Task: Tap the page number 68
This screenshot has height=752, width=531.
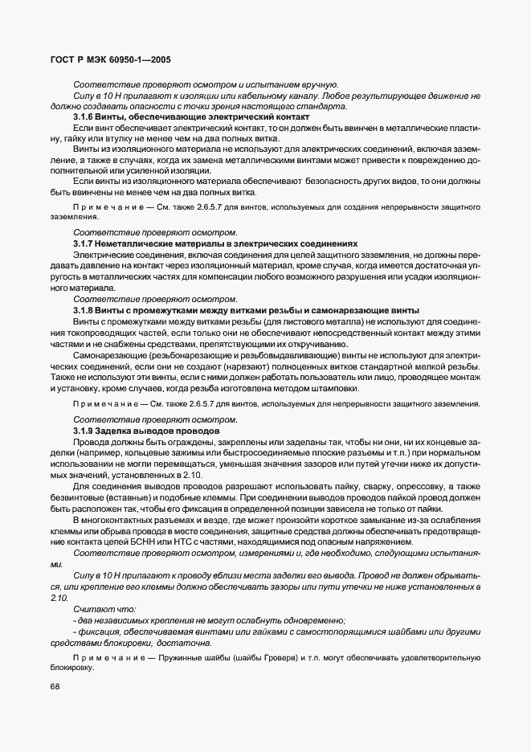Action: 55,686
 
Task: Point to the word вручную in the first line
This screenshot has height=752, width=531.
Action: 319,84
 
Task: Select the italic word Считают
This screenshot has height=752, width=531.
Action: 94,610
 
